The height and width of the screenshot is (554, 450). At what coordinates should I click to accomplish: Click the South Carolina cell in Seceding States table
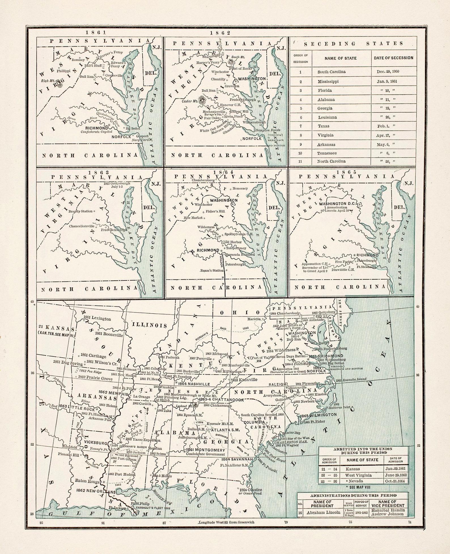(331, 72)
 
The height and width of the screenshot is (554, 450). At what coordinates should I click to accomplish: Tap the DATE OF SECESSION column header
(393, 58)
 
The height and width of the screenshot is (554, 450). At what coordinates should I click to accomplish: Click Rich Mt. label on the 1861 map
(48, 81)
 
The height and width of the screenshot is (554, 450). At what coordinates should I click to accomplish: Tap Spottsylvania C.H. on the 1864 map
(239, 234)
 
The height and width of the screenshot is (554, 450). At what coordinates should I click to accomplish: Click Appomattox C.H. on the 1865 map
(312, 263)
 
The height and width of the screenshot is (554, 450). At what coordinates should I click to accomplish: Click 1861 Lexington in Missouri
(97, 319)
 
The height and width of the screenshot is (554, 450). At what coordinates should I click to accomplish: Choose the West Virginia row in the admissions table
(358, 475)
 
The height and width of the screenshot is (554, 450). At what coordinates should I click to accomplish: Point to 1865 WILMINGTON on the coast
(318, 415)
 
